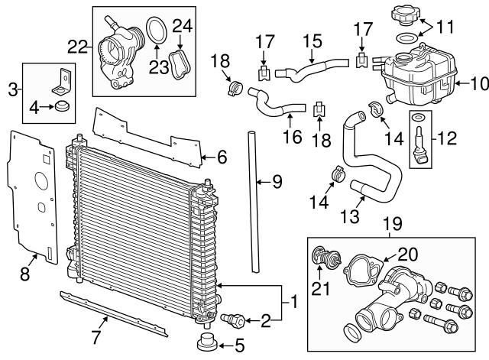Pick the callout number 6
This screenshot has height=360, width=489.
(221, 157)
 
